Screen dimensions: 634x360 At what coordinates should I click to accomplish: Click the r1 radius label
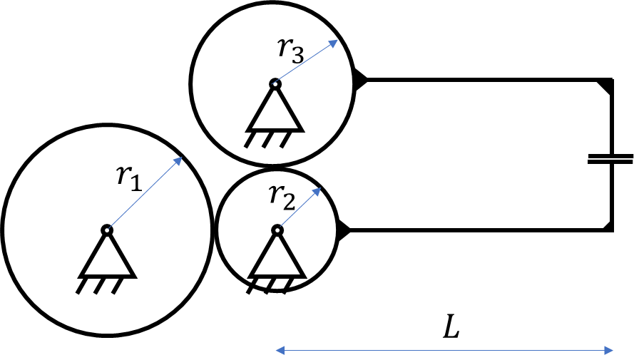click(129, 178)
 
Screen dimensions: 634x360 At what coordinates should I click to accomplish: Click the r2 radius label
click(282, 198)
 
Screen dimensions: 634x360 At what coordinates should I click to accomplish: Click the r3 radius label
click(290, 51)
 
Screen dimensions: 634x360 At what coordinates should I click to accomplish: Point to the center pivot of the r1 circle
click(107, 230)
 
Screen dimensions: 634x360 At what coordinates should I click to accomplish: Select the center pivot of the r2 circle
click(277, 230)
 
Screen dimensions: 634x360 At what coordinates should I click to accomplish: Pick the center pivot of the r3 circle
click(275, 84)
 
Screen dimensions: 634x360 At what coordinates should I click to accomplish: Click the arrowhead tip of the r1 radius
click(183, 157)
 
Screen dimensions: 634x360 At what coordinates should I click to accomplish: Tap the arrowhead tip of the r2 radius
click(322, 187)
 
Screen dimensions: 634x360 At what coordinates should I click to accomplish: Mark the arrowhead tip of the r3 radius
click(338, 40)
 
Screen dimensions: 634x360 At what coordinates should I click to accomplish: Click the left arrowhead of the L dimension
click(276, 350)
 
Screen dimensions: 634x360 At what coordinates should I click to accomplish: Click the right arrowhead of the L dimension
click(613, 350)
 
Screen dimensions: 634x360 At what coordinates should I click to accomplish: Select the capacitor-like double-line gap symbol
click(610, 159)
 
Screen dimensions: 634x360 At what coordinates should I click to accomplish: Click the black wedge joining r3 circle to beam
click(359, 80)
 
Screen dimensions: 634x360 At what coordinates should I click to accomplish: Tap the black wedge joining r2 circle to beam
click(342, 230)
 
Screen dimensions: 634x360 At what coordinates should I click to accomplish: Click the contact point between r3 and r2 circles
click(274, 167)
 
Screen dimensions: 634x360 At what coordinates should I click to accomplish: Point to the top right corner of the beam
click(612, 80)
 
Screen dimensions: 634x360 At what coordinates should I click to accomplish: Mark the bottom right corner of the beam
click(612, 231)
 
